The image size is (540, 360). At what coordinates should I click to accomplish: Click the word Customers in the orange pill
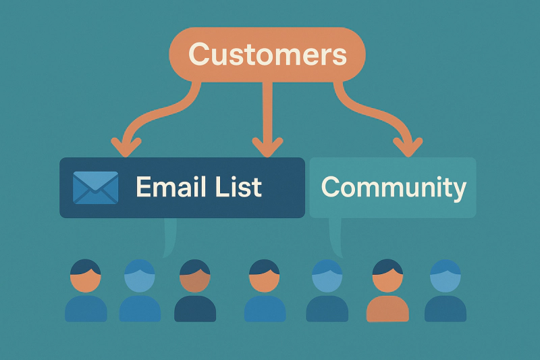267,55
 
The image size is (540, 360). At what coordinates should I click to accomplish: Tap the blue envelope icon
95,187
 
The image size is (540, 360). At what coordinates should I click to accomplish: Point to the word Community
393,187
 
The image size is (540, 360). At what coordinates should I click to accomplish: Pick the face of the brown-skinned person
195,278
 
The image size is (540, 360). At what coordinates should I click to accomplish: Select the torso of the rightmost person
446,309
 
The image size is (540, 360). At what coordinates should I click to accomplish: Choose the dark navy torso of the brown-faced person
195,309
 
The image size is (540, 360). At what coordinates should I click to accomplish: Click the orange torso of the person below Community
387,309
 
